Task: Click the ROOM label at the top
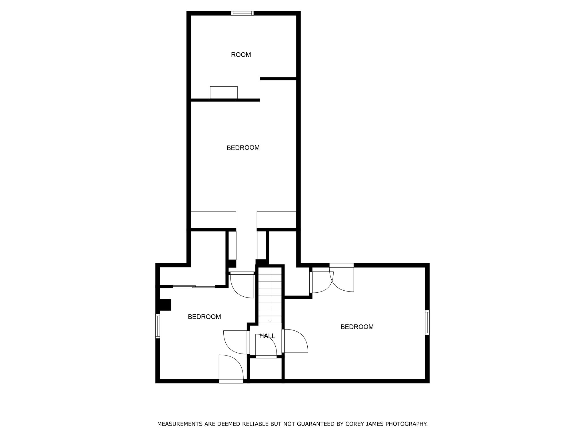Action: [x=241, y=55]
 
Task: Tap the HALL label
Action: [x=267, y=336]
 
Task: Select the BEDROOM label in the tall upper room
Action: [x=243, y=148]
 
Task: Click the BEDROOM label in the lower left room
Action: [x=204, y=317]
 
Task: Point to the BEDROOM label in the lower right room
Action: [x=357, y=327]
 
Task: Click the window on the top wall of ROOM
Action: [x=242, y=13]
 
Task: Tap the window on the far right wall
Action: [x=427, y=322]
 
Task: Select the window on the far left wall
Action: [x=157, y=326]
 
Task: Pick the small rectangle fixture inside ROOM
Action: [x=224, y=92]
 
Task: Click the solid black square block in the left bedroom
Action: [x=165, y=305]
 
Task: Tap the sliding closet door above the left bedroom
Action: [x=194, y=286]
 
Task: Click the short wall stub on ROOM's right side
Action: [x=278, y=79]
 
